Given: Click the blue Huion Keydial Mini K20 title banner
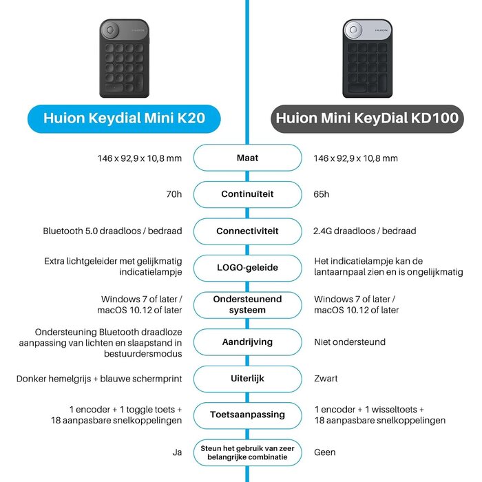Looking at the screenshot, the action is (124, 118).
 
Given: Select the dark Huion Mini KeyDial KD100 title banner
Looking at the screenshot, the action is (367, 118).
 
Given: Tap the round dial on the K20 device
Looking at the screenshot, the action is (110, 30).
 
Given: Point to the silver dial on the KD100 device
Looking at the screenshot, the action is (353, 30).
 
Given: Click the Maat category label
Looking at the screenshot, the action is (247, 158).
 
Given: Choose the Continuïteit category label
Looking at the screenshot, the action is (247, 194).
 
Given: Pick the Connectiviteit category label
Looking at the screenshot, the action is (247, 231).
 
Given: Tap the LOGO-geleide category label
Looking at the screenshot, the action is (247, 268).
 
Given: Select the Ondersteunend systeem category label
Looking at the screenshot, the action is (247, 304).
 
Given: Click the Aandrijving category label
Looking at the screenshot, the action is (247, 342).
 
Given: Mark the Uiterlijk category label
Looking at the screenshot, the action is (247, 379).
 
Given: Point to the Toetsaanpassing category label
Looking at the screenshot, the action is (247, 415).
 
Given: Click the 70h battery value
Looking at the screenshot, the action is (174, 194).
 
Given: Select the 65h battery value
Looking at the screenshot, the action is (322, 194).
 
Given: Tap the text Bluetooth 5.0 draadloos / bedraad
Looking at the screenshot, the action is (112, 231).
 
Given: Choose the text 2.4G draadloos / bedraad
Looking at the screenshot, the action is (365, 231).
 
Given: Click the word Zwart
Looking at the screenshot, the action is (326, 379).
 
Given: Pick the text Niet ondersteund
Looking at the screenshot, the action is (350, 342).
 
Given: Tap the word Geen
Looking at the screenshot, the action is (325, 452).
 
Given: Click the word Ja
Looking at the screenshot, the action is (177, 452).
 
